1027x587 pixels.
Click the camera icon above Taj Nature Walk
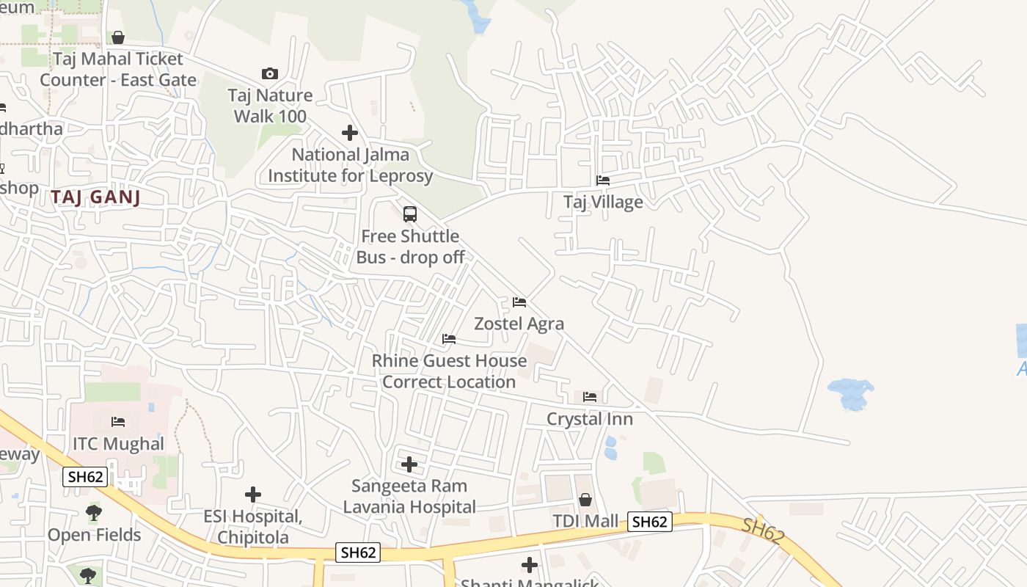pos(270,73)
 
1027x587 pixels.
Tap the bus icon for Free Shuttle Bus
pos(410,214)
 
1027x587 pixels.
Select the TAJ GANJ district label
pos(95,197)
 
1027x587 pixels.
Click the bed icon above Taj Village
pos(603,180)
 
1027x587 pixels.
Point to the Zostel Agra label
pos(519,324)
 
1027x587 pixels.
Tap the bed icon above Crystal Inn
pos(590,397)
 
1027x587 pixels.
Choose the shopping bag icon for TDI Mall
pos(585,500)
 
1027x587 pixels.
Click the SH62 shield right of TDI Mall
pos(650,522)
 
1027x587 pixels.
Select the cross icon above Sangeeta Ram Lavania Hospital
pos(409,464)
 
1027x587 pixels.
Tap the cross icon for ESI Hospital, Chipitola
pos(253,495)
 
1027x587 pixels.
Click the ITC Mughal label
pos(118,444)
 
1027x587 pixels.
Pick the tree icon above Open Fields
pos(94,513)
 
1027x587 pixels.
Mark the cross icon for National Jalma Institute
pos(350,133)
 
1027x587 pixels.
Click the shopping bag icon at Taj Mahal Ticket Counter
pos(118,37)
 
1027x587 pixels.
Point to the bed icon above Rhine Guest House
pos(449,339)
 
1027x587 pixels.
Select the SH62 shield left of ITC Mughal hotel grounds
pos(86,477)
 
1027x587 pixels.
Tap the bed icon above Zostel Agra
pos(519,302)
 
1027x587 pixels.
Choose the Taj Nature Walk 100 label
pos(270,106)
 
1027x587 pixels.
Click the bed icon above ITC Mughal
pos(118,422)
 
